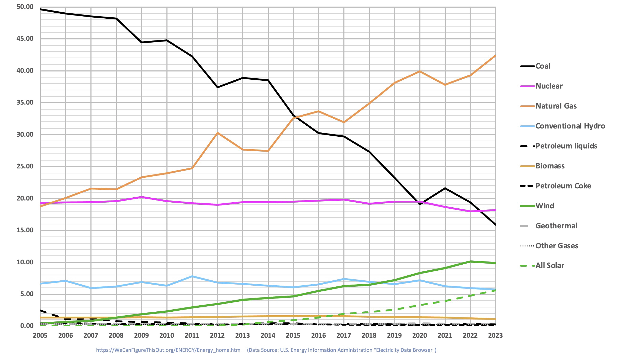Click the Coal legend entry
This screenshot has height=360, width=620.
coord(543,66)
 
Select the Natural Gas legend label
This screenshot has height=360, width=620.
coord(556,106)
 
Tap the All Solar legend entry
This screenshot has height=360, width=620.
coord(550,265)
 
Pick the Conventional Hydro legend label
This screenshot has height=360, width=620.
coord(570,126)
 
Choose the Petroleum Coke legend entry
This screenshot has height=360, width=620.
coord(563,186)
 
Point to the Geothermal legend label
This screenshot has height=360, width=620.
coord(556,226)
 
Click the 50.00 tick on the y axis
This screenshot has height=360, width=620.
coord(25,7)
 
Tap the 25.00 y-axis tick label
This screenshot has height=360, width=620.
coord(25,166)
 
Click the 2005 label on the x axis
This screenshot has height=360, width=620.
coord(40,336)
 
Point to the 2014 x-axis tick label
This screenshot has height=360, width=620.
coord(268,336)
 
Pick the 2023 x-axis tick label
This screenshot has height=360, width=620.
coord(495,336)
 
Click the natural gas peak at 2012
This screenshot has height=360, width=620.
coord(217,133)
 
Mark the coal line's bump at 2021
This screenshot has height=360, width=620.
coord(445,188)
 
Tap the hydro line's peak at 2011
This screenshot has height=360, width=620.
coord(192,276)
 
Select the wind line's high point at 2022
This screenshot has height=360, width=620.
coord(470,261)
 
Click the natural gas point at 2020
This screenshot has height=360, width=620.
coord(420,71)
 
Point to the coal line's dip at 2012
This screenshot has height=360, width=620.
coord(217,87)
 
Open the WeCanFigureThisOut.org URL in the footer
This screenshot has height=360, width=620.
coord(168,350)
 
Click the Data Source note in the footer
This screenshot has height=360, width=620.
coord(342,350)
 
